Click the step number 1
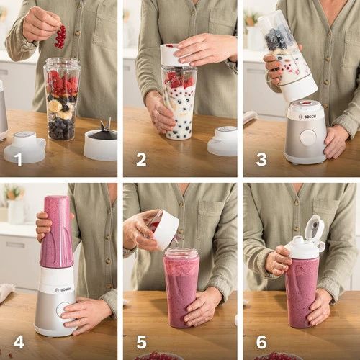pos(18,159)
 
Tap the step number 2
pos(141,159)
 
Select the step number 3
pos(261,159)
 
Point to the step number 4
pos(19,342)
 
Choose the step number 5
pos(141,342)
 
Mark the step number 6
pos(261,342)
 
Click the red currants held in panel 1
pos(60,37)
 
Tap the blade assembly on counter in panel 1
pos(101,142)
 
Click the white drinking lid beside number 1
pos(24,147)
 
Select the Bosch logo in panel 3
pos(307,117)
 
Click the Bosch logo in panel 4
pos(63,289)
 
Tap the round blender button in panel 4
pos(63,310)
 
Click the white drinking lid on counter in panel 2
pos(222,141)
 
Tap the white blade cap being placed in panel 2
pos(174,55)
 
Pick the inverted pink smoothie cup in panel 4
pos(57,232)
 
